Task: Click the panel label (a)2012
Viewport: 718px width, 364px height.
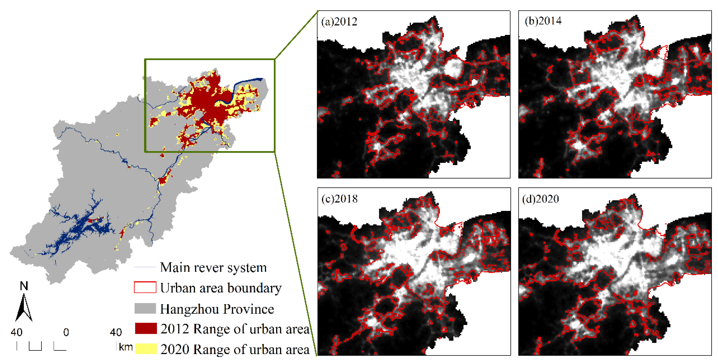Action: [x=339, y=22]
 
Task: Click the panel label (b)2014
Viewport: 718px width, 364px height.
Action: [x=543, y=21]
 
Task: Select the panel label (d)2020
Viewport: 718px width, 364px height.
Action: [x=540, y=199]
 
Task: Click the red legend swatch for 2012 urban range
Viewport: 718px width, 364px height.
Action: [x=146, y=328]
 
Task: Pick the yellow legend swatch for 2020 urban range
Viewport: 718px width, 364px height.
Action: [x=146, y=349]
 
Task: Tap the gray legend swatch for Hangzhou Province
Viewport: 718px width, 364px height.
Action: [x=145, y=308]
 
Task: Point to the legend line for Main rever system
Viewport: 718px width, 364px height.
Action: [x=145, y=267]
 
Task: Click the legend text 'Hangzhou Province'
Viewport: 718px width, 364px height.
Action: [x=217, y=309]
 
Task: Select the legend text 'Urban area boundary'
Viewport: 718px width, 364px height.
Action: [x=221, y=288]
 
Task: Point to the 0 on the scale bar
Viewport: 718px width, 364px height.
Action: [x=66, y=332]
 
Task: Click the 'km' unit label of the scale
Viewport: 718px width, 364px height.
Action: [x=126, y=347]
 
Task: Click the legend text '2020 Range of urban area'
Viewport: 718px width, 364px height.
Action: [x=235, y=349]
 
